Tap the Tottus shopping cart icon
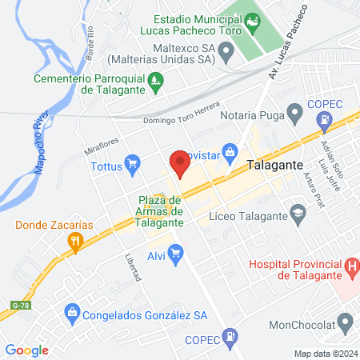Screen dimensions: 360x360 coord(133,165)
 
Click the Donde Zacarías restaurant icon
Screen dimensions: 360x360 coord(75,241)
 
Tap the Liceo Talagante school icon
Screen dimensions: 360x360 coord(298,213)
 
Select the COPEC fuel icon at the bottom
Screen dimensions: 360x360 coord(230,336)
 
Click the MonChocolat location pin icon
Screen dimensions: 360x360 coord(346,323)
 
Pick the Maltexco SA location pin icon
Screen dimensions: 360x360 coord(226,53)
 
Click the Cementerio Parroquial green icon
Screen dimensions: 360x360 coord(158,79)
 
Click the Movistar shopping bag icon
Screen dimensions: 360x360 coord(230,150)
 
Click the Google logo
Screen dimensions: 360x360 coord(26,350)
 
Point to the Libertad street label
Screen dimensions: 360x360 coord(133,268)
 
